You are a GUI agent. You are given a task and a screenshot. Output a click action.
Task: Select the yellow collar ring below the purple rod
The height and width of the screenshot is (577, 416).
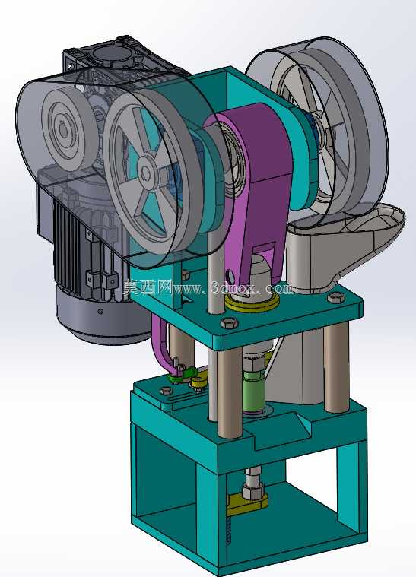[252, 303]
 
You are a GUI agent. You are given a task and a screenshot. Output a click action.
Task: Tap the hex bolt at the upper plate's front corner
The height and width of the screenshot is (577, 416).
[230, 323]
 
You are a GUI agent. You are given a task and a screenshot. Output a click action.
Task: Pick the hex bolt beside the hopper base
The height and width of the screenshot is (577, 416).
[335, 297]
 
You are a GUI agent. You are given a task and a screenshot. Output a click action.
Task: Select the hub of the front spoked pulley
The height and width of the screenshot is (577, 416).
[146, 170]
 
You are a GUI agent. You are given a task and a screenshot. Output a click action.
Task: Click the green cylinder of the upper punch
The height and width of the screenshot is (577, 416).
[254, 392]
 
